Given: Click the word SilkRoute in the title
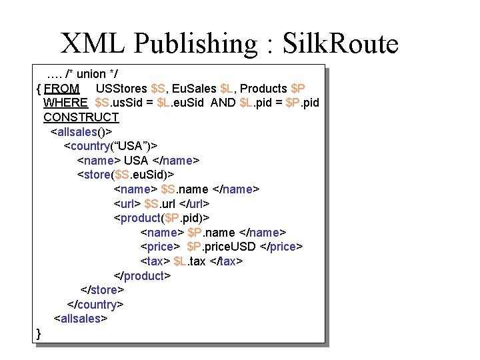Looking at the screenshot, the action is coord(341,44).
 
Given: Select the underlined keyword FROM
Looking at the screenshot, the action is coord(62,88).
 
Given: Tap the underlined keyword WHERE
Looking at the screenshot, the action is coord(65,103).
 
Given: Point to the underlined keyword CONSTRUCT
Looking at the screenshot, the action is coord(81,117).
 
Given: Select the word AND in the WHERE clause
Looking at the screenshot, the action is coord(223,103).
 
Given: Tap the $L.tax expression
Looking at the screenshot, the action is coord(189,261).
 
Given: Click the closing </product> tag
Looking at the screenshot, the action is coord(143,276).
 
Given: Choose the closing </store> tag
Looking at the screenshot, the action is coord(102,290).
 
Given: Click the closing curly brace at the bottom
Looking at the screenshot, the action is coord(39,333).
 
